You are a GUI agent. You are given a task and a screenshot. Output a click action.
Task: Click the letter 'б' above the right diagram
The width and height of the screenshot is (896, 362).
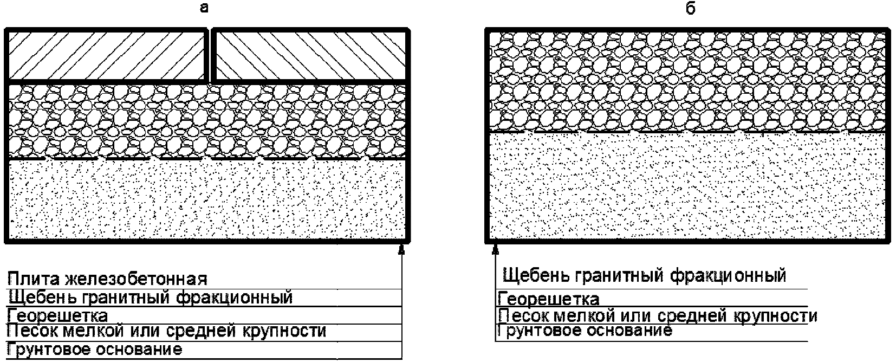click(690, 9)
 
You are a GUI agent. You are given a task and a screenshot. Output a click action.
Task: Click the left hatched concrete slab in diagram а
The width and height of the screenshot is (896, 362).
click(106, 56)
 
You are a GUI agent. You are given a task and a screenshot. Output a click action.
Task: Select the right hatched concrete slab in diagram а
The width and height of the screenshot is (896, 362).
click(310, 56)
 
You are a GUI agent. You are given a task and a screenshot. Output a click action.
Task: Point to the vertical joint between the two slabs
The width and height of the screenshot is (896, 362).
click(209, 56)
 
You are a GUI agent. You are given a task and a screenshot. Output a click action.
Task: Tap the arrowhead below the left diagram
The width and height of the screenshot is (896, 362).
click(401, 249)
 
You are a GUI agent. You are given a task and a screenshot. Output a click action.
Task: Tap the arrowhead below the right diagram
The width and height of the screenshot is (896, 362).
click(495, 249)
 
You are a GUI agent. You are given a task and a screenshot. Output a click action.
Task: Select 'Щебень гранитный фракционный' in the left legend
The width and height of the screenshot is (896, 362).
click(150, 298)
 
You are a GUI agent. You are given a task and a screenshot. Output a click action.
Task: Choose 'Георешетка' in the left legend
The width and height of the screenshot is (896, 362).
click(57, 315)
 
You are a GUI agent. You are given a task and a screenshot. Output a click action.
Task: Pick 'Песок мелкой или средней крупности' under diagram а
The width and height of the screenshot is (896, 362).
click(167, 331)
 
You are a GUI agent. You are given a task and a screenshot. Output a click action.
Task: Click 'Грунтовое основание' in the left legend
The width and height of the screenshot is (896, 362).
click(95, 349)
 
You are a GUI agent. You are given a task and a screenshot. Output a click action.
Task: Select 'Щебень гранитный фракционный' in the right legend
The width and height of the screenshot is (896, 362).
click(644, 276)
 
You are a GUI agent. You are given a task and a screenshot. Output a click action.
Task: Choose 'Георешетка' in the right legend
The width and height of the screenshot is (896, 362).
click(549, 299)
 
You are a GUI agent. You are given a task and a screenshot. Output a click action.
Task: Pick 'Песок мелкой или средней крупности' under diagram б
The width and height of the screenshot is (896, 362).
click(658, 316)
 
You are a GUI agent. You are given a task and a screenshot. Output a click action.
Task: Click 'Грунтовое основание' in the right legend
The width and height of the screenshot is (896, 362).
click(585, 331)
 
